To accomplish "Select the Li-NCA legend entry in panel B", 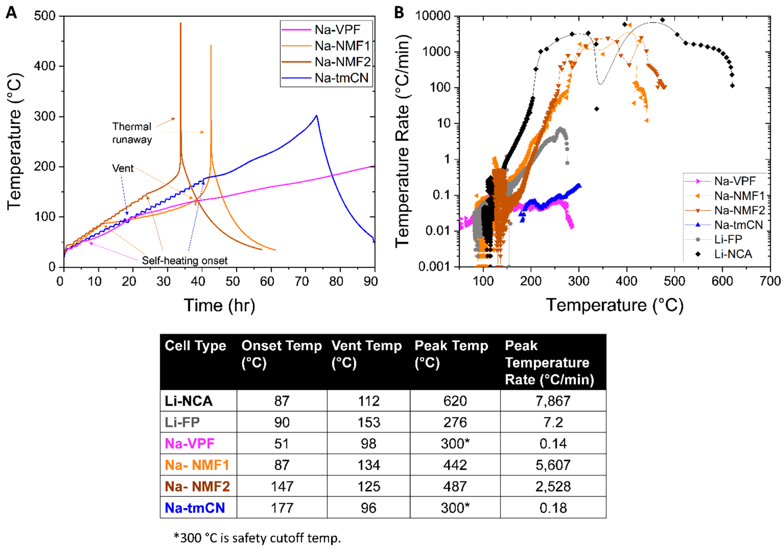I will click(x=733, y=254).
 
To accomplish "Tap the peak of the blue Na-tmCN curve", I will click(x=316, y=116).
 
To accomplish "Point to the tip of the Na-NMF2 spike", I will click(x=181, y=24).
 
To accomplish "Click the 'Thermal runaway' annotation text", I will click(x=132, y=133).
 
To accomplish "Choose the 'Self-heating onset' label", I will click(x=184, y=261).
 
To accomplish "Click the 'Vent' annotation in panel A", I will click(x=123, y=168).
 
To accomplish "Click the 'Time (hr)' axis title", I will click(x=219, y=305).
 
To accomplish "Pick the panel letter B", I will click(x=399, y=13).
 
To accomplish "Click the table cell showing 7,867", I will click(x=553, y=401).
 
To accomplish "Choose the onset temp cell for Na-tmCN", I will click(x=282, y=508).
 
